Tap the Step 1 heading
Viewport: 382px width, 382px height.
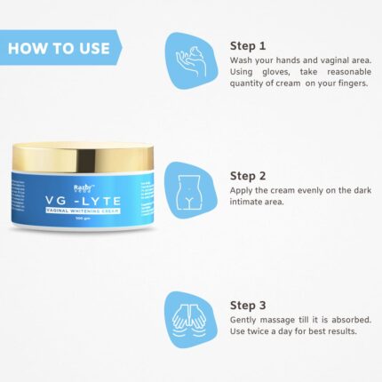point(249,44)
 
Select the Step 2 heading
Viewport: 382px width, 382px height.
point(249,175)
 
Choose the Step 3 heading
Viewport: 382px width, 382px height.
point(249,305)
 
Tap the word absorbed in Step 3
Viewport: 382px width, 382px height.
point(348,319)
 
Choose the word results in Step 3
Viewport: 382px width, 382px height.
point(351,331)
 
